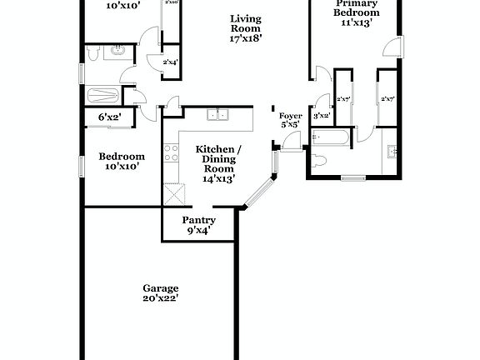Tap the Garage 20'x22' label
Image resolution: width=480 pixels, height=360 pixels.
161,292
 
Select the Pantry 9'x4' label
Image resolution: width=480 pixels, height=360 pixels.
198,225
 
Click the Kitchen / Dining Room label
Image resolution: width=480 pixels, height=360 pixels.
218,163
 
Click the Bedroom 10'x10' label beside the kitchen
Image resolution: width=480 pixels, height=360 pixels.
122,161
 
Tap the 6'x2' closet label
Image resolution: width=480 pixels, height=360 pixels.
109,117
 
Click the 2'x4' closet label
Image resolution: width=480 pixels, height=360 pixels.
169,62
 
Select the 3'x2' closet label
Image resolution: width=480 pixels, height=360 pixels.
321,116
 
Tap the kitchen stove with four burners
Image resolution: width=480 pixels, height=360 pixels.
172,152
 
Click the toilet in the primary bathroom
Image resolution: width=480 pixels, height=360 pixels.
318,161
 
